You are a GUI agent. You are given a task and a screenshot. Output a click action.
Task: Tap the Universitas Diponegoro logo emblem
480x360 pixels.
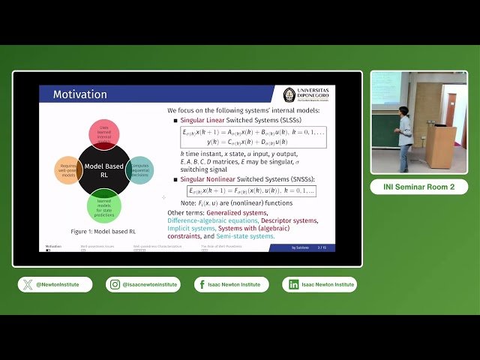[289, 95]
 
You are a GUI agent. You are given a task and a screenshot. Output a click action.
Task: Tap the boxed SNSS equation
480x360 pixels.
[251, 191]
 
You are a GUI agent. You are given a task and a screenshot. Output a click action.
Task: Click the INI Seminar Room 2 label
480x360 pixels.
[418, 187]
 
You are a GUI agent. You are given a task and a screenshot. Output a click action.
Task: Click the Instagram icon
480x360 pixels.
[115, 285]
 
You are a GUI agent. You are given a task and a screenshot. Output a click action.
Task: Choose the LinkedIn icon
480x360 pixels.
[293, 285]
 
